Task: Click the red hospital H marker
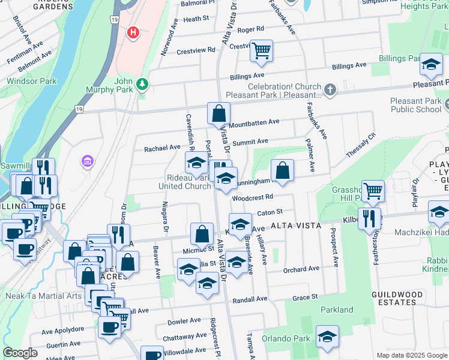pyautogui.click(x=133, y=32)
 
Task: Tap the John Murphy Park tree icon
pyautogui.click(x=142, y=85)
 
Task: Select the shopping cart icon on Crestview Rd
pyautogui.click(x=261, y=52)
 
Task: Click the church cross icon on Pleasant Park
pyautogui.click(x=330, y=90)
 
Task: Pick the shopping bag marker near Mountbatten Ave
pyautogui.click(x=219, y=113)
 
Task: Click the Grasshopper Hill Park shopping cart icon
pyautogui.click(x=373, y=191)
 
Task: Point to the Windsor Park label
pyautogui.click(x=31, y=80)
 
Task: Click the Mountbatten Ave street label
pyautogui.click(x=255, y=122)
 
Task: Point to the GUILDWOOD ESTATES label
pyautogui.click(x=394, y=298)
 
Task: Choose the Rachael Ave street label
pyautogui.click(x=162, y=147)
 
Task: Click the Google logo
pyautogui.click(x=20, y=353)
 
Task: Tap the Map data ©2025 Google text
pyautogui.click(x=411, y=355)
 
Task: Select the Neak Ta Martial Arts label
pyautogui.click(x=43, y=296)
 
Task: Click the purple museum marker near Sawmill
pyautogui.click(x=88, y=161)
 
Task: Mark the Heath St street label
pyautogui.click(x=196, y=19)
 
